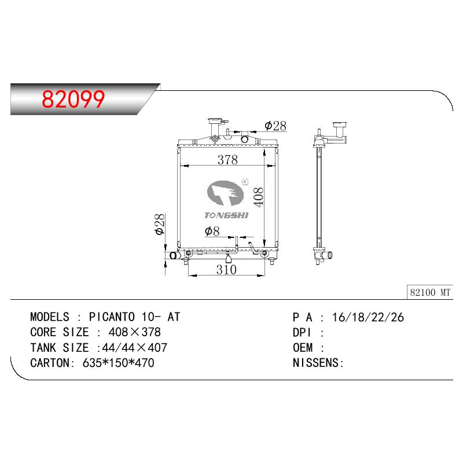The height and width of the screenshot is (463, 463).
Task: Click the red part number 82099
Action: [74, 99]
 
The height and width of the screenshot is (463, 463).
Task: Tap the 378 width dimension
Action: [227, 160]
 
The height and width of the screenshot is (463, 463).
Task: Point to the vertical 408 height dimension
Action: [258, 197]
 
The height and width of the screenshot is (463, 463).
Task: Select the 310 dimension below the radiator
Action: [226, 270]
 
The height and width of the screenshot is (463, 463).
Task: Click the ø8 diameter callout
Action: [212, 231]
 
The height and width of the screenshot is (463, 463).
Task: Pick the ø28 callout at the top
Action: [275, 126]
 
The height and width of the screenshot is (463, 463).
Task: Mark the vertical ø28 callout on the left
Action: [160, 224]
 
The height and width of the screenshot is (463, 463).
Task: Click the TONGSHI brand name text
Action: [226, 215]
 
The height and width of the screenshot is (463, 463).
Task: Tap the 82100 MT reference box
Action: [430, 292]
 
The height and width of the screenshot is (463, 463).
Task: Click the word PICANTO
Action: [112, 317]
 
